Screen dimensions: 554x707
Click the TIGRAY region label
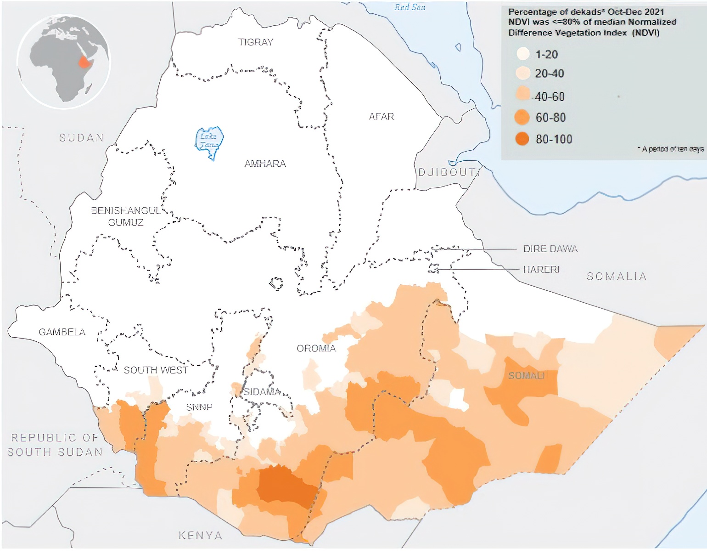click(x=256, y=42)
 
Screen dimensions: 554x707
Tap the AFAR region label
click(x=382, y=117)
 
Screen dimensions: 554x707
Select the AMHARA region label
click(x=265, y=164)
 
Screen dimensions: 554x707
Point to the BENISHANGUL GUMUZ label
click(x=126, y=216)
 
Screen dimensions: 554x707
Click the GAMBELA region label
click(x=62, y=332)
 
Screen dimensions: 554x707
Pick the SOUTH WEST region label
click(x=156, y=370)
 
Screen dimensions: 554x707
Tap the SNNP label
click(x=199, y=407)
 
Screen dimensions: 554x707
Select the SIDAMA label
click(x=262, y=392)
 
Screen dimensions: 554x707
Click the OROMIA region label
click(x=316, y=348)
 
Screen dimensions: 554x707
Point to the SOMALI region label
click(x=526, y=376)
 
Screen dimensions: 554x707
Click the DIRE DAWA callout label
click(x=550, y=249)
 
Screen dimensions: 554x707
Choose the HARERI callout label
click(x=541, y=270)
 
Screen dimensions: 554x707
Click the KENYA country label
click(x=201, y=536)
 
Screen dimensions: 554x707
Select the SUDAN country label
click(x=82, y=138)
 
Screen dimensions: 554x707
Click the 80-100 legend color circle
click(x=522, y=139)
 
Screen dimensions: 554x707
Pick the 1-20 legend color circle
click(x=523, y=54)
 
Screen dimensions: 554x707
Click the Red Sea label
click(x=410, y=7)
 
